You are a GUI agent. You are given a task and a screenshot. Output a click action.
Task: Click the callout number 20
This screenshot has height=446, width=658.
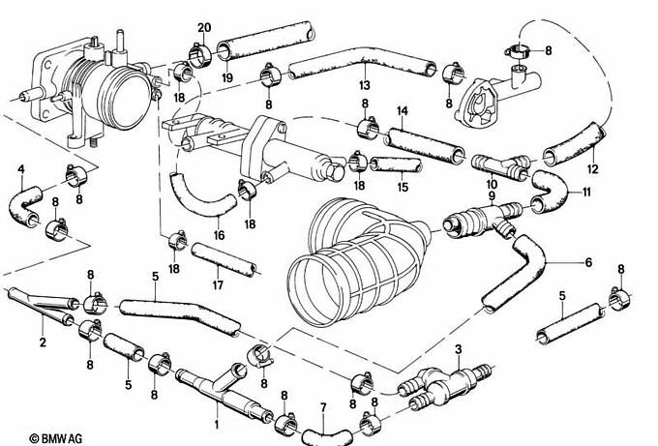tap(202, 26)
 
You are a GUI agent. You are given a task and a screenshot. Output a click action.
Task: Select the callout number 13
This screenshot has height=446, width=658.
tap(364, 83)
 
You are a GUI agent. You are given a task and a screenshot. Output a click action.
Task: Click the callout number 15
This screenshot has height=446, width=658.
tap(403, 187)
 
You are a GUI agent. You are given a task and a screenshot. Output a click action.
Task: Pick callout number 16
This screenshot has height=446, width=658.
tap(219, 234)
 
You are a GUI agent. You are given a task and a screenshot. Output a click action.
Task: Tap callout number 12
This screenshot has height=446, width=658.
tap(593, 169)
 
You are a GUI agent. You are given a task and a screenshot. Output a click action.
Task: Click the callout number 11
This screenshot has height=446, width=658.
tap(584, 193)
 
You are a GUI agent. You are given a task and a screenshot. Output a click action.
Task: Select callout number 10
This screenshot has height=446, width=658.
tap(491, 184)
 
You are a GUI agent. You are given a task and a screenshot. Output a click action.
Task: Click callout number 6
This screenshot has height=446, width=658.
tap(587, 262)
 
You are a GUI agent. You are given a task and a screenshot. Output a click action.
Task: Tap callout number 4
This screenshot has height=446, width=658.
tap(20, 170)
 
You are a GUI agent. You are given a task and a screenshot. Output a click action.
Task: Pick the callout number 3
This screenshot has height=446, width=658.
tap(458, 348)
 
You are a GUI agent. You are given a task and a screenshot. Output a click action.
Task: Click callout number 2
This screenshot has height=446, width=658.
tap(43, 342)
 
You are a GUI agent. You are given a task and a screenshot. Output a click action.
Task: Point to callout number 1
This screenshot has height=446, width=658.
tap(216, 424)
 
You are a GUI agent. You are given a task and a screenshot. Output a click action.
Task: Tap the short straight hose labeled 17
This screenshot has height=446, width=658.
tap(224, 258)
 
